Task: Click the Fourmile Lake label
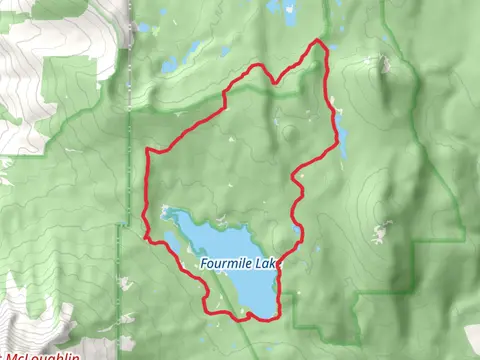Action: (238, 263)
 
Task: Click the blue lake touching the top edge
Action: (290, 12)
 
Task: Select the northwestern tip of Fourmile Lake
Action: (165, 212)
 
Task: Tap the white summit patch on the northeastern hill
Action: (383, 65)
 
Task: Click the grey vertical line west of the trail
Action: (128, 120)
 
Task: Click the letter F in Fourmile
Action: (203, 263)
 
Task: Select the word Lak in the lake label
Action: (264, 263)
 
